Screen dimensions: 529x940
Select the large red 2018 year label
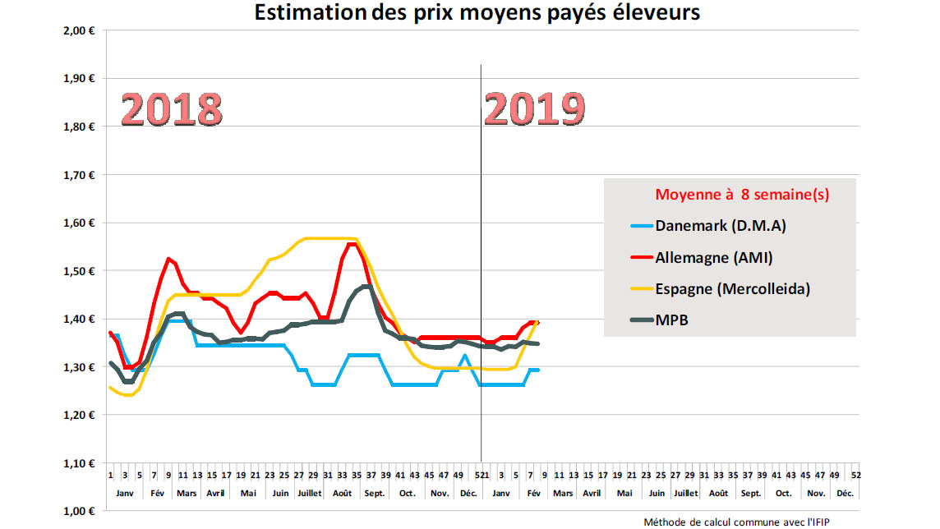(x=172, y=109)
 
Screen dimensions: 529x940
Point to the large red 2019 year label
(x=535, y=109)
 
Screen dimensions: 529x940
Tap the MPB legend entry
(x=671, y=320)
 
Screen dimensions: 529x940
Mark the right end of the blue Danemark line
(x=538, y=370)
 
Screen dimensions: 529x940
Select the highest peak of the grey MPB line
(x=366, y=287)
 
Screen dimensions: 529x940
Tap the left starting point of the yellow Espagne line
(x=109, y=387)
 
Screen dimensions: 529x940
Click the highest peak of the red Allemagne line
(x=352, y=244)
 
